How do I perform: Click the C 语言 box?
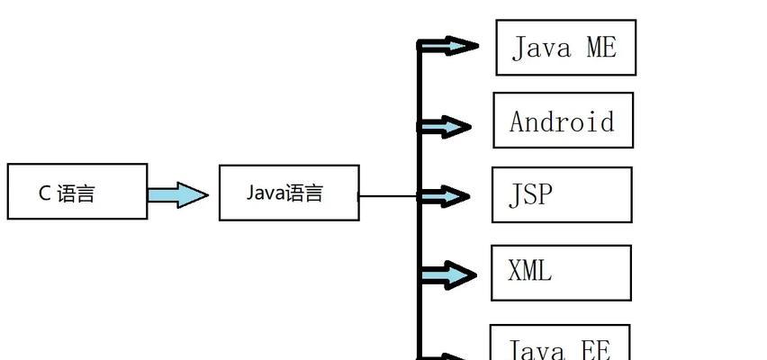pyautogui.click(x=77, y=191)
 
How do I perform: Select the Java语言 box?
pyautogui.click(x=289, y=192)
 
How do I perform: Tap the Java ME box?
pyautogui.click(x=565, y=48)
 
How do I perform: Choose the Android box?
pyautogui.click(x=563, y=120)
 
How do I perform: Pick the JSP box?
pyautogui.click(x=562, y=194)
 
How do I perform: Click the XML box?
pyautogui.click(x=561, y=272)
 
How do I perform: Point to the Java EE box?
pyautogui.click(x=560, y=346)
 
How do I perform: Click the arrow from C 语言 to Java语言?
pyautogui.click(x=177, y=194)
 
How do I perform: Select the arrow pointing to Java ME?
pyautogui.click(x=450, y=46)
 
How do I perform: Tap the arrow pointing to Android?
pyautogui.click(x=447, y=128)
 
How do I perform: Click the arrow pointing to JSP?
pyautogui.click(x=447, y=195)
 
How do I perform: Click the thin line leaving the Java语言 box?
pyautogui.click(x=388, y=195)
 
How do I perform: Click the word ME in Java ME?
pyautogui.click(x=600, y=48)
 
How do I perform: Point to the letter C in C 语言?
pyautogui.click(x=44, y=192)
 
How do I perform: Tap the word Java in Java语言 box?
pyautogui.click(x=265, y=192)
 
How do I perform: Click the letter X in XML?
pyautogui.click(x=516, y=271)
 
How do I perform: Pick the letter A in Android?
pyautogui.click(x=518, y=121)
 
